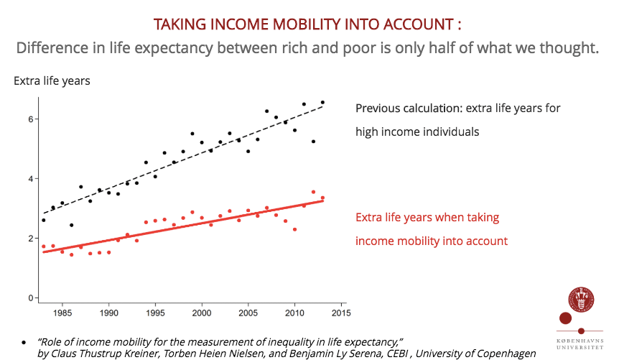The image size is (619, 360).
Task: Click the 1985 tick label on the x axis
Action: click(62, 313)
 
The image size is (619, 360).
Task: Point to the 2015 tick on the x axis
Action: click(340, 313)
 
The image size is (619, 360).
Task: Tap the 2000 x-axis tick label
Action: click(202, 313)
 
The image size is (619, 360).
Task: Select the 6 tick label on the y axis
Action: click(31, 119)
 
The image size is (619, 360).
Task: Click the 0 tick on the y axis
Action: click(31, 297)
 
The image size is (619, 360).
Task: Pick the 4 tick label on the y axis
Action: click(31, 179)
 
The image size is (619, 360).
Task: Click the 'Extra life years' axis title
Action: click(52, 80)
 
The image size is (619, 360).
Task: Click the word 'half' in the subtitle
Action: click(429, 49)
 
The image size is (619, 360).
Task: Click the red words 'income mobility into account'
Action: click(432, 241)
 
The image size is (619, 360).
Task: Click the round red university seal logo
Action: click(581, 300)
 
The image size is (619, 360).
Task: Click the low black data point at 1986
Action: click(71, 225)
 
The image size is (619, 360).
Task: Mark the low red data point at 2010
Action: click(294, 229)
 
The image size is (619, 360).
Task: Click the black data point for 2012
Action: click(313, 142)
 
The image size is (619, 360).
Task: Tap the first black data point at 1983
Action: click(43, 220)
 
